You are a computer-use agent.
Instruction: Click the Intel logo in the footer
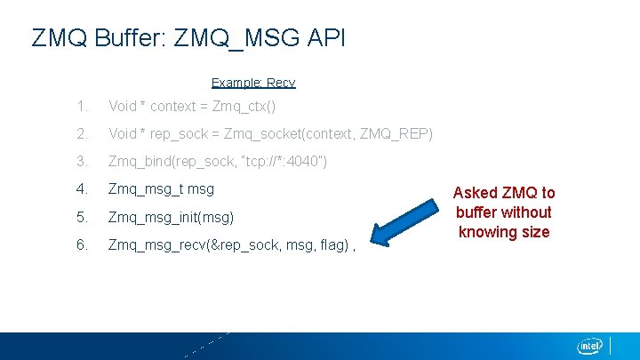pyautogui.click(x=590, y=345)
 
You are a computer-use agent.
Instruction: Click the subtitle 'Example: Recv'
pyautogui.click(x=253, y=83)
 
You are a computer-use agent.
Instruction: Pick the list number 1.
pyautogui.click(x=82, y=107)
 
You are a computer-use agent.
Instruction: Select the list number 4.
pyautogui.click(x=82, y=189)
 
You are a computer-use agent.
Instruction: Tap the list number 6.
pyautogui.click(x=82, y=244)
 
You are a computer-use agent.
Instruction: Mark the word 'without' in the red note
pyautogui.click(x=526, y=212)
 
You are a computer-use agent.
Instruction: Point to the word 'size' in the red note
pyautogui.click(x=535, y=232)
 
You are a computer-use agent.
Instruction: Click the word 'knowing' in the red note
pyautogui.click(x=487, y=232)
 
